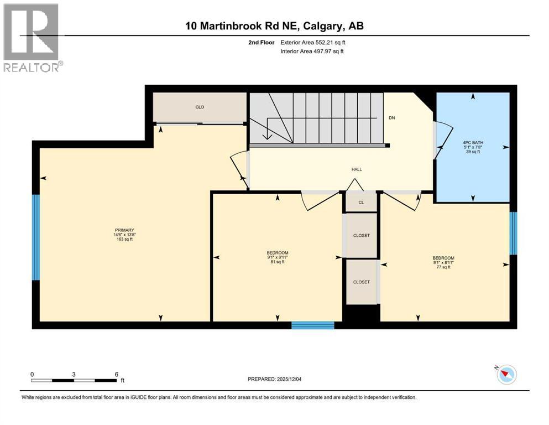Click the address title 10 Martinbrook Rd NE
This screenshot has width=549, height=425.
[x=274, y=26]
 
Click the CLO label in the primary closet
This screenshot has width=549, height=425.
[x=200, y=107]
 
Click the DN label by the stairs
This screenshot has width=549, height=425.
[x=392, y=117]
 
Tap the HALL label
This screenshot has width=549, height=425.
[x=357, y=169]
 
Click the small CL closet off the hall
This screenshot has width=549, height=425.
[x=361, y=202]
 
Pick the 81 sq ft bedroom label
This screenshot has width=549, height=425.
[x=277, y=257]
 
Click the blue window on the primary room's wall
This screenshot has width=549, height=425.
[x=36, y=237]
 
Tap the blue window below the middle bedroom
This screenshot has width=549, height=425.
[x=313, y=325]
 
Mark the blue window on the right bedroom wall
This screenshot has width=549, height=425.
[x=513, y=233]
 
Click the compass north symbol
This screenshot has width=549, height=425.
[x=505, y=375]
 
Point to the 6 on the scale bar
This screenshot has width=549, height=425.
[x=116, y=374]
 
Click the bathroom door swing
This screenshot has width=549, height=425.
[x=441, y=141]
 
